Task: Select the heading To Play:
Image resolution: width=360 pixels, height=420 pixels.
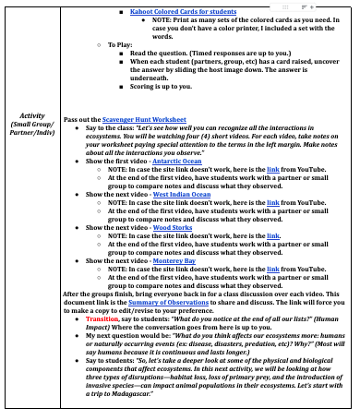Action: tap(125, 45)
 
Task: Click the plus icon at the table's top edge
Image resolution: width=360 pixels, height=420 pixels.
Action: tap(324, 4)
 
